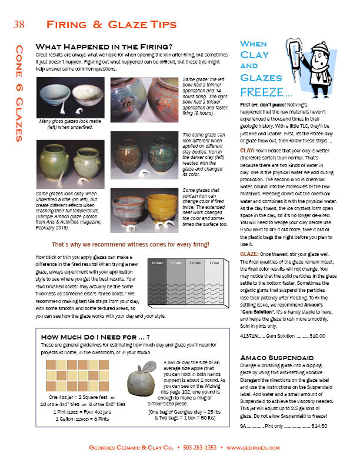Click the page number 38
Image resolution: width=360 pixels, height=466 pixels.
(18, 24)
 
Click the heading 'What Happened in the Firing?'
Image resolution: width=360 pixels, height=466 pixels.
(104, 46)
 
